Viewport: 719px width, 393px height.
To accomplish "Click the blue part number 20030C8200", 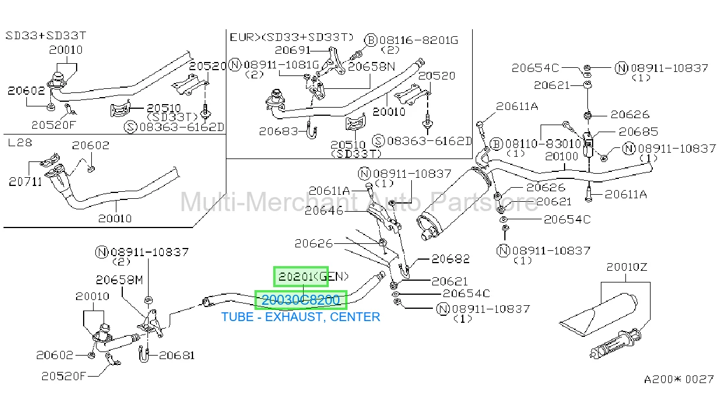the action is [301, 300].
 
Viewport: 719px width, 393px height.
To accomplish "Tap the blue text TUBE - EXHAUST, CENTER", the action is [301, 317].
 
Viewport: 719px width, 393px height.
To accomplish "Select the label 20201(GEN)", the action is [313, 277].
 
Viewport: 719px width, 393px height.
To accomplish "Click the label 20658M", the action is [119, 280].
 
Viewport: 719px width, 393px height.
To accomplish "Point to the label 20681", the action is [177, 356].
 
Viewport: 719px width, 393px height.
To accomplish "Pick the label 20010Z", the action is [627, 267].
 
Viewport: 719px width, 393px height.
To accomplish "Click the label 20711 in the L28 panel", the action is [25, 182].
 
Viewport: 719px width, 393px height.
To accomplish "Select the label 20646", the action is [324, 211].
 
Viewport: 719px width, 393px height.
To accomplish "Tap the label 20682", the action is [450, 258].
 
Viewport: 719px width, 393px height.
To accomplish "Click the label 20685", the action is [638, 132].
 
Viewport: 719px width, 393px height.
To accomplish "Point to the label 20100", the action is [562, 156].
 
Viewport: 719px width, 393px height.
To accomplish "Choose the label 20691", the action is [293, 50].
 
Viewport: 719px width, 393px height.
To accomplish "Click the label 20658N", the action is [371, 67].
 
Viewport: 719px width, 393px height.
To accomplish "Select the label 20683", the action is [278, 132].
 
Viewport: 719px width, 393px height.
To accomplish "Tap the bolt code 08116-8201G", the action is [419, 40].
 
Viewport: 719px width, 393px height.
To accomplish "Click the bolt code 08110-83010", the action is [543, 144].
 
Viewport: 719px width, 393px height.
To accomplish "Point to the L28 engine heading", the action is [20, 143].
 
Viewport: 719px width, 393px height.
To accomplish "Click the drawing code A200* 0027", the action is [679, 380].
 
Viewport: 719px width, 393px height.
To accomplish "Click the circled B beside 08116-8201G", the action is [371, 40].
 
